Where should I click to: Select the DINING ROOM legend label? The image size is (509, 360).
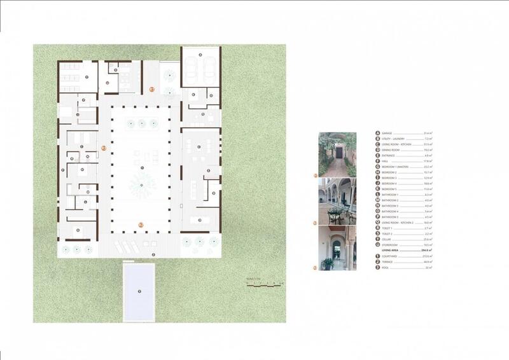(x=393, y=150)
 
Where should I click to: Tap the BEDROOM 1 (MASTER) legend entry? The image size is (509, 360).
(x=397, y=166)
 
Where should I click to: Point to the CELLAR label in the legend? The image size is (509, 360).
(x=389, y=239)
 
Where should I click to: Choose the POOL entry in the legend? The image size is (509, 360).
(x=387, y=268)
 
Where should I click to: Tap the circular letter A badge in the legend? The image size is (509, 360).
(x=377, y=134)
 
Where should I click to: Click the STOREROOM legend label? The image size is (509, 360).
(x=392, y=245)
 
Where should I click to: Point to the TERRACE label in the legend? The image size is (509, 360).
(x=389, y=262)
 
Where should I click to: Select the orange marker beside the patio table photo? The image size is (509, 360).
(x=314, y=223)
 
